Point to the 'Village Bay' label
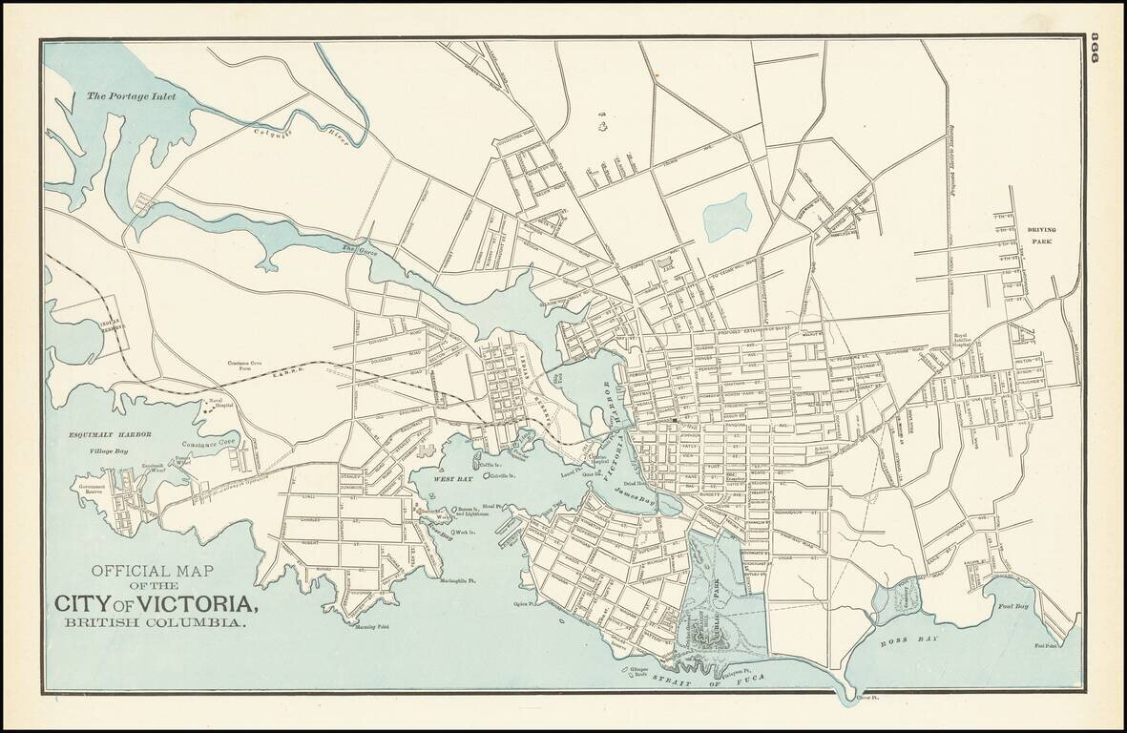pos(108,450)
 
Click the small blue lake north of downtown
pos(727,218)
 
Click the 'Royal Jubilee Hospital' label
pos(967,346)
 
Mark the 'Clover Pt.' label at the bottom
pos(866,700)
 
